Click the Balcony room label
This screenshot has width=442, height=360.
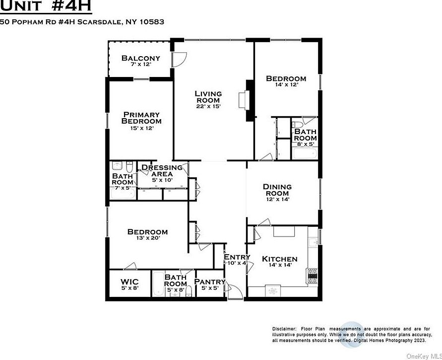pyautogui.click(x=141, y=58)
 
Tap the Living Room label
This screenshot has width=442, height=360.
pyautogui.click(x=208, y=97)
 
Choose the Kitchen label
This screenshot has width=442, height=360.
pyautogui.click(x=280, y=259)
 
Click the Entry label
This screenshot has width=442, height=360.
pyautogui.click(x=237, y=257)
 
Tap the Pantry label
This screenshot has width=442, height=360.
pyautogui.click(x=210, y=282)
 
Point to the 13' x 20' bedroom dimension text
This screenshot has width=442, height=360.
pyautogui.click(x=147, y=238)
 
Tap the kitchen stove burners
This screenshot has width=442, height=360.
pyautogui.click(x=313, y=275)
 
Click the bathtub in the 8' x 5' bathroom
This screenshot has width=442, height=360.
pyautogui.click(x=304, y=154)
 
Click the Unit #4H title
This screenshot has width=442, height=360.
pyautogui.click(x=46, y=7)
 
